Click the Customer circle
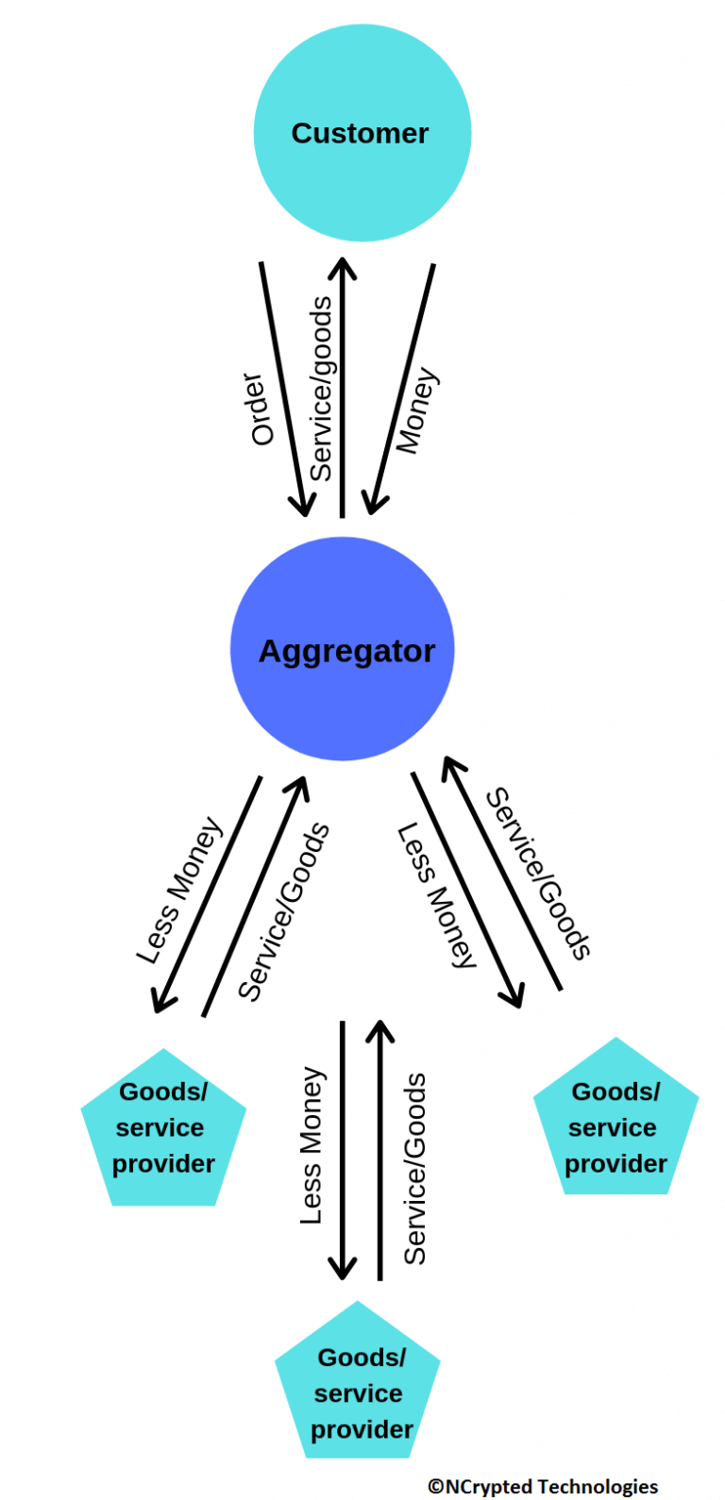tap(362, 179)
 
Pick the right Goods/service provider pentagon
tap(615, 1127)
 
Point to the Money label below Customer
tap(416, 411)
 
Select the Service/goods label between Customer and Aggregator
tap(321, 389)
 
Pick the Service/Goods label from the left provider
tap(283, 911)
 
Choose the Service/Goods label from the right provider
tap(538, 874)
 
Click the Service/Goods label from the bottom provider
tap(415, 1168)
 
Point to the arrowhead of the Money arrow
tap(374, 505)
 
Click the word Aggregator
tap(346, 651)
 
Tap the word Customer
tap(360, 133)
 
